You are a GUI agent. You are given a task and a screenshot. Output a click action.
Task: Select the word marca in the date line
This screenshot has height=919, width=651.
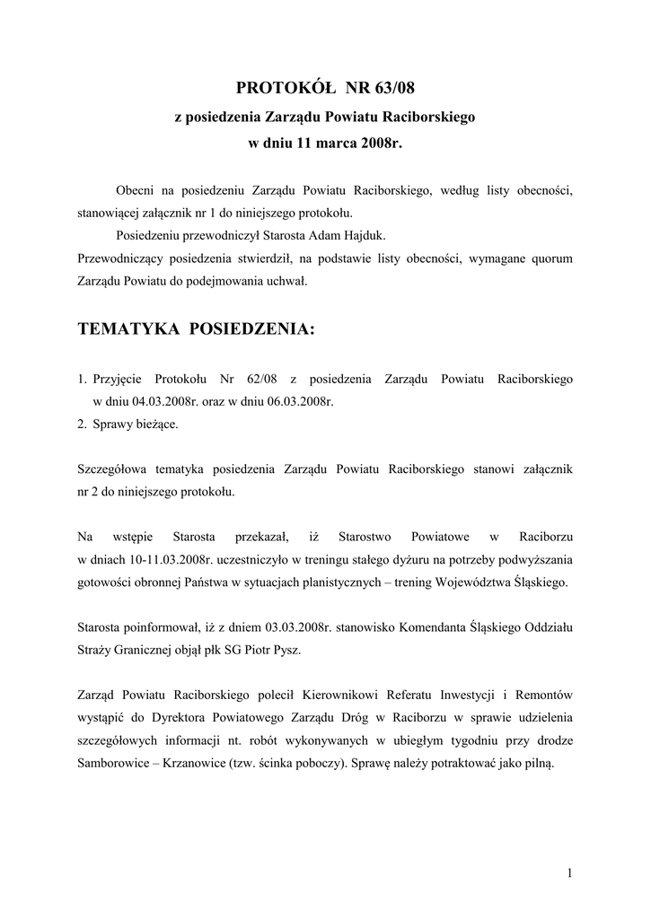330,144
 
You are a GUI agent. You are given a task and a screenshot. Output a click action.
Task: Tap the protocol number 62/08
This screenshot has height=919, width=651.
255,379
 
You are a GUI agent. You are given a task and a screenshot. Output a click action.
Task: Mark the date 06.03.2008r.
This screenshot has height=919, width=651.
300,401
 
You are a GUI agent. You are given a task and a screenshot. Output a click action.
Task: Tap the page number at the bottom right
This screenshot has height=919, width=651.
569,872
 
